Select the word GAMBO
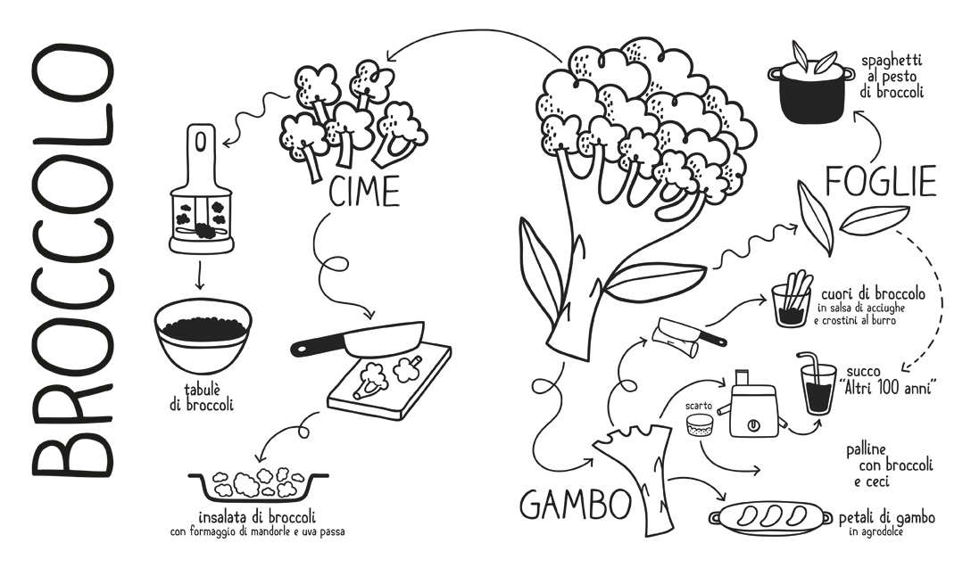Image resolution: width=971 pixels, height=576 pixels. click(575, 504)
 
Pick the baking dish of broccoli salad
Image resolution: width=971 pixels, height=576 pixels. click(258, 487)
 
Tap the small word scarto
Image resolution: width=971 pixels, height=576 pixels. click(699, 407)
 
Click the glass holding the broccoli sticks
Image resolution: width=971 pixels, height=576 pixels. click(792, 304)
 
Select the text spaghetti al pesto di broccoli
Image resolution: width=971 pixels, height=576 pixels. click(892, 76)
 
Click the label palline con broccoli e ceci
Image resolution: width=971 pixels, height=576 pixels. click(889, 465)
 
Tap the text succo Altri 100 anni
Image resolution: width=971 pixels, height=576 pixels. click(890, 380)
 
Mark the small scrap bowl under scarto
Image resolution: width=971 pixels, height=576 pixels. click(701, 425)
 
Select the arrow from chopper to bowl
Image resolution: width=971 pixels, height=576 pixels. click(199, 276)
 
